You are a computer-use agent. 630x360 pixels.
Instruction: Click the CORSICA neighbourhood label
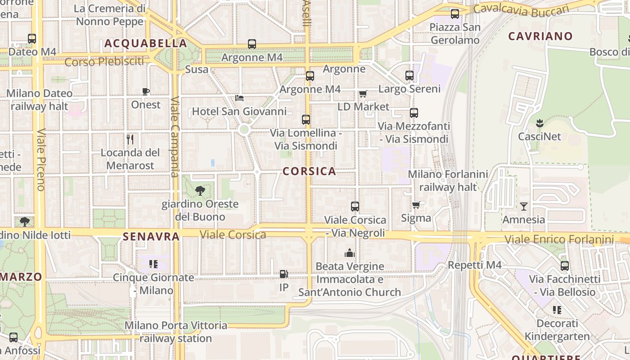tap(310, 171)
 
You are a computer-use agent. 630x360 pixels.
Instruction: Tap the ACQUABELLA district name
tap(146, 44)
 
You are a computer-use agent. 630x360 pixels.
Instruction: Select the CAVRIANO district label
tap(540, 36)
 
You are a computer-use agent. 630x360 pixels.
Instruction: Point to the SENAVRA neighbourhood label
tap(151, 236)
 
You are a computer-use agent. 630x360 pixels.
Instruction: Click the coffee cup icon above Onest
tap(146, 92)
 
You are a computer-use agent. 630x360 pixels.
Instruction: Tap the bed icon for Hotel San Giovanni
tap(239, 98)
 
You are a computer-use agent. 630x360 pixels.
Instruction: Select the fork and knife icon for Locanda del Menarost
tap(130, 139)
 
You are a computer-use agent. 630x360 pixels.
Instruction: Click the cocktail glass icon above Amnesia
tap(524, 207)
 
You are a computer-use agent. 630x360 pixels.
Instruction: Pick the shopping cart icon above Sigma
tap(416, 205)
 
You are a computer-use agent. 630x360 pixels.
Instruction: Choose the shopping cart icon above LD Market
tap(363, 94)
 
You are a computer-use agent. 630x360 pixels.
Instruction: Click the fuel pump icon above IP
tap(284, 274)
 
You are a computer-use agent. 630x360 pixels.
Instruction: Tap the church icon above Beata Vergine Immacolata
tap(350, 253)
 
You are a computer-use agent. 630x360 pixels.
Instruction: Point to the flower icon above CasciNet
tap(539, 123)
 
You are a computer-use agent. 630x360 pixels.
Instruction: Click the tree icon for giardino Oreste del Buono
tap(200, 191)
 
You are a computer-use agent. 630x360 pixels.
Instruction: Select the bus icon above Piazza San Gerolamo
tap(455, 14)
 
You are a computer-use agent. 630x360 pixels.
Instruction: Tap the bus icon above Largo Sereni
tap(409, 76)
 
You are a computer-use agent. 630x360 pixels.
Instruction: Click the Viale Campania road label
tap(175, 137)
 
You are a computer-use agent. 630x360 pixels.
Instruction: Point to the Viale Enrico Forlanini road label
tap(559, 239)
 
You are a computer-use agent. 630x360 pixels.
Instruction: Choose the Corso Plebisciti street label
tap(104, 62)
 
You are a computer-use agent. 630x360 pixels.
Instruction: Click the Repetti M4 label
tap(475, 265)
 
